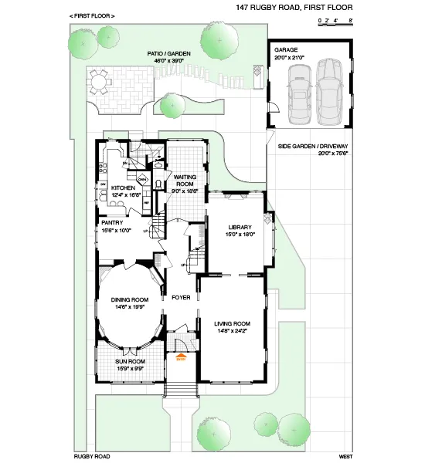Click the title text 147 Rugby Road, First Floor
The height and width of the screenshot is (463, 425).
point(294,8)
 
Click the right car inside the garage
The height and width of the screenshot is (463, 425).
point(329,91)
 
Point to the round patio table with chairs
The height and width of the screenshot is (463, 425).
point(98,80)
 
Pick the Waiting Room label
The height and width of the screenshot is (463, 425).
point(185,181)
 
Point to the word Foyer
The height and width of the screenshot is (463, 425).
point(181,297)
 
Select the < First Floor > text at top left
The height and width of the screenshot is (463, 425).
point(92,15)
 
